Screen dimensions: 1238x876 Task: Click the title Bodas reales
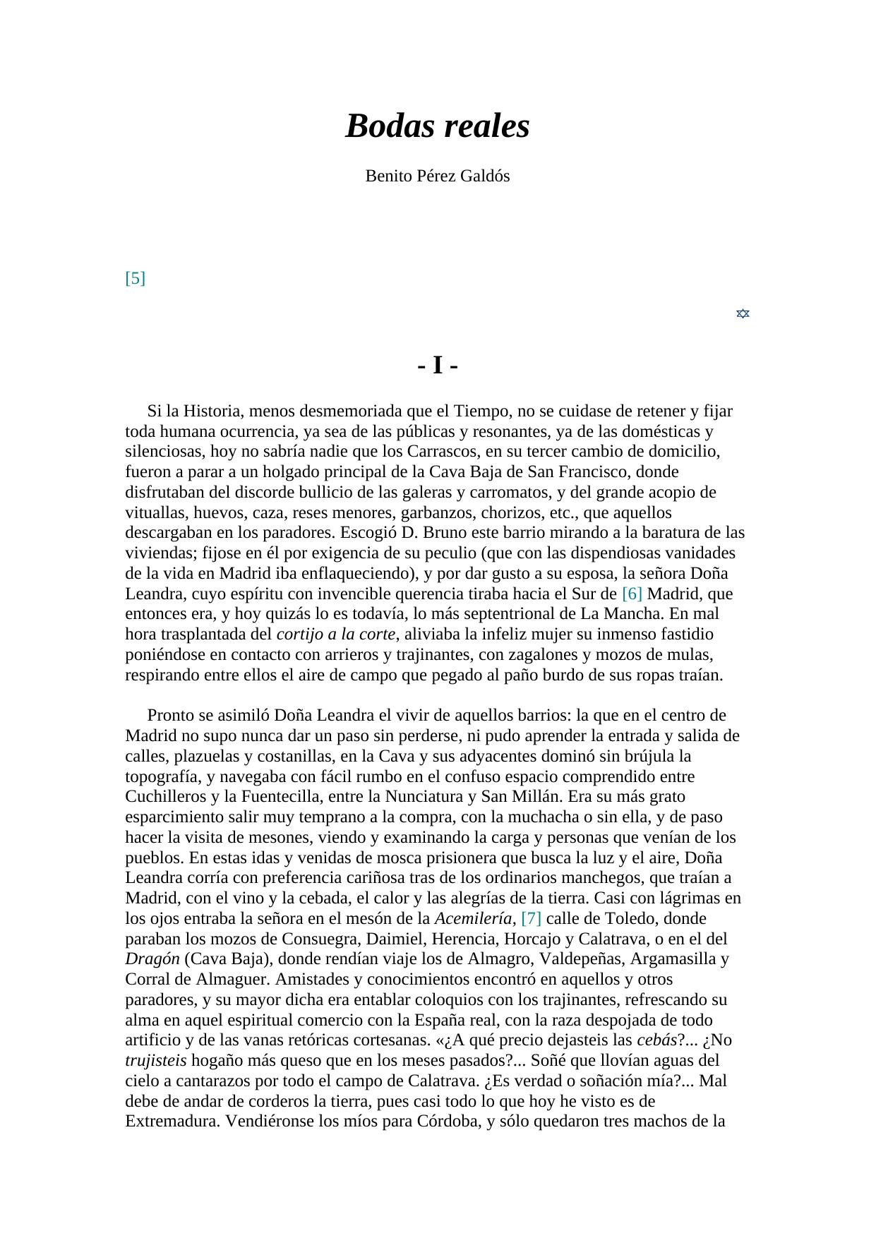pos(437,126)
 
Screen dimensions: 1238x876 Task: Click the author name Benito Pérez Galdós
pos(437,176)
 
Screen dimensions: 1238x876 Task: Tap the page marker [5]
pos(135,278)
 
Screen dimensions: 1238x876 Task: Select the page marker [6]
pos(632,594)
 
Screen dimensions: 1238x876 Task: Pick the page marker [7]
pos(531,918)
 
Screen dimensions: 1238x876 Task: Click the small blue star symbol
pos(743,313)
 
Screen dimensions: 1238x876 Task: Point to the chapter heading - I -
pos(438,366)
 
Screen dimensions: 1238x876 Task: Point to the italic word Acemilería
pos(473,918)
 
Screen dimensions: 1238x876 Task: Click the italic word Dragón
pos(152,959)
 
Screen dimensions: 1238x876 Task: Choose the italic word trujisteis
pos(156,1061)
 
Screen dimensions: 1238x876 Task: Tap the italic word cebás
pos(656,1040)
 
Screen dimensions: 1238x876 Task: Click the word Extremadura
pos(172,1122)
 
